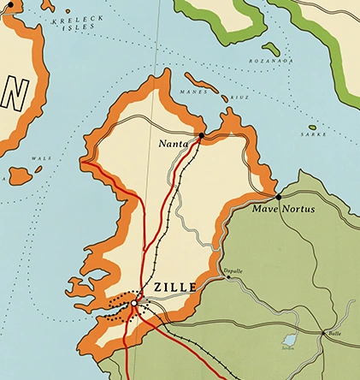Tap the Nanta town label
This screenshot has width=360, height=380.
point(174,145)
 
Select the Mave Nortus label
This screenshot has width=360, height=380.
point(284,209)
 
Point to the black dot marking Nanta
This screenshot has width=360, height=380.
point(201,135)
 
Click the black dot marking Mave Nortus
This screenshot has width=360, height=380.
point(279,197)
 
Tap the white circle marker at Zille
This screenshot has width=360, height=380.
point(134,302)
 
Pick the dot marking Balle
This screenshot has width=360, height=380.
point(324,333)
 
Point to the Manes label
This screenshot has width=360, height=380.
point(196,90)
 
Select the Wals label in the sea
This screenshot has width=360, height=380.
point(35,157)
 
